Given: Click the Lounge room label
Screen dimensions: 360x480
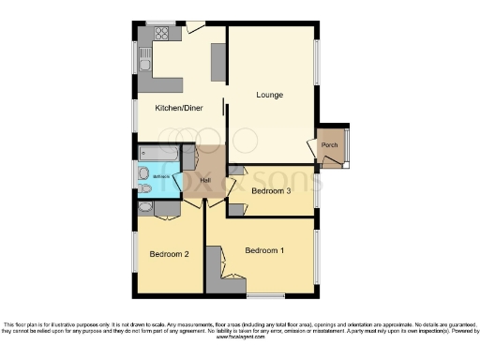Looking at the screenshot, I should (270, 96).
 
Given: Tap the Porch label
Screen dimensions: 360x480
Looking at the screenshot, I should (329, 145).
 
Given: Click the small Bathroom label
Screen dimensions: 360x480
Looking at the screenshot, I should (150, 175).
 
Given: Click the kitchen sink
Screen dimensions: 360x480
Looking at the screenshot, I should (145, 65).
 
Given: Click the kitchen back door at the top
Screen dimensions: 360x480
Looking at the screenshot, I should (196, 27).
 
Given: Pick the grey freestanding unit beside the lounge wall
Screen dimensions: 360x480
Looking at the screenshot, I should (219, 61).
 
